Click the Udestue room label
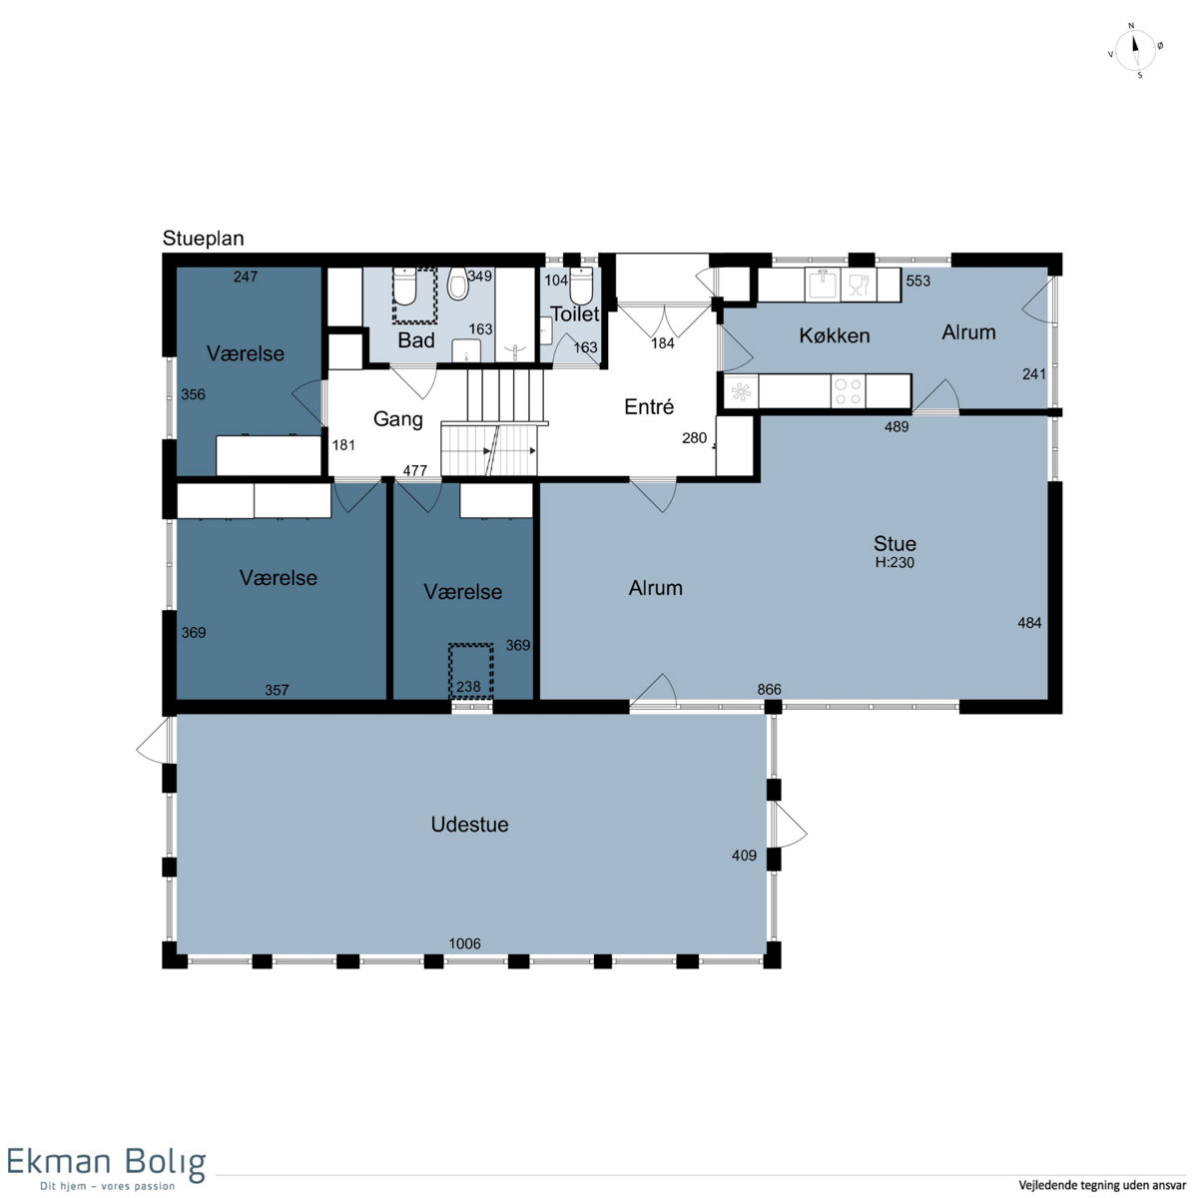click(469, 825)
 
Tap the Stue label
click(894, 544)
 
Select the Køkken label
click(834, 335)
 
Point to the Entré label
click(649, 406)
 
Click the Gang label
click(398, 419)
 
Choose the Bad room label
click(416, 340)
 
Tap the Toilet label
click(574, 313)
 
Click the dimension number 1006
click(464, 943)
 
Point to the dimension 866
click(769, 690)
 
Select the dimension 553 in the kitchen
click(917, 281)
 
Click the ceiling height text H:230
click(894, 563)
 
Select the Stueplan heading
click(203, 239)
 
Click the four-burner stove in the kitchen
click(848, 391)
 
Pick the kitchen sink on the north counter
click(822, 285)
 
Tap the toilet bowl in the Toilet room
click(581, 287)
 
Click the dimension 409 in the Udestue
click(744, 856)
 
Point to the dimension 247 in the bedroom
click(246, 277)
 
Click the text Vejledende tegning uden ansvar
click(1101, 1185)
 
